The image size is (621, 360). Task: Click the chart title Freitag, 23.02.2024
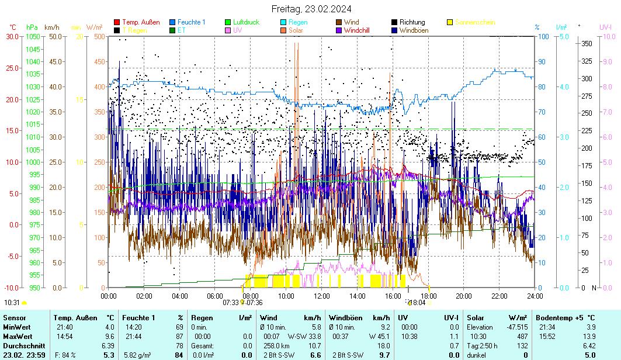310,9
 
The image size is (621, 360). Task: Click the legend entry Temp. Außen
141,22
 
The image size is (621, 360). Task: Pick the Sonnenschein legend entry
475,22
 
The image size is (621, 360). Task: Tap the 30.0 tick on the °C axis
12,36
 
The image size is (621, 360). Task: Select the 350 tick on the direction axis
587,44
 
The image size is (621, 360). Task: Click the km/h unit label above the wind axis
51,27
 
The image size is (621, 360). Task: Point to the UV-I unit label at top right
605,27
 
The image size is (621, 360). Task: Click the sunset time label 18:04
417,303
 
